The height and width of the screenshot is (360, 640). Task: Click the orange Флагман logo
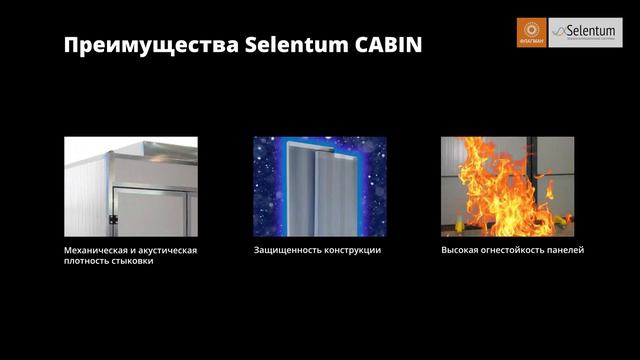[x=531, y=33]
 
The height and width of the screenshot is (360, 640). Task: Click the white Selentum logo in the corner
[x=585, y=33]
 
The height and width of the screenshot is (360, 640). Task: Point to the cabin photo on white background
[x=131, y=186]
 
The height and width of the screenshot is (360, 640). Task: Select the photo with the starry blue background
[x=319, y=186]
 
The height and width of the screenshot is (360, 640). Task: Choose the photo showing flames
[x=508, y=186]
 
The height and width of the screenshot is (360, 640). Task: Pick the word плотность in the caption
[x=85, y=262]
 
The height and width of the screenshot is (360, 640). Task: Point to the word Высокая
[x=460, y=250]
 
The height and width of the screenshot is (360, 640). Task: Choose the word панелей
[x=569, y=250]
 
